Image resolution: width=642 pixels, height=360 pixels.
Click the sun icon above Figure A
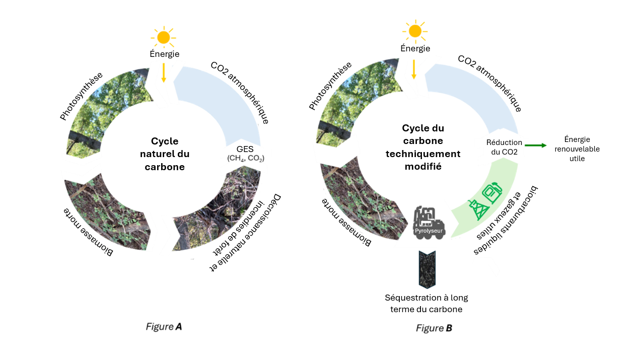tap(163, 37)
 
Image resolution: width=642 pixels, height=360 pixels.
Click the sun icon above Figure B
tap(414, 31)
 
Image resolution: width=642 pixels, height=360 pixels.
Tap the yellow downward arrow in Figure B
tap(414, 69)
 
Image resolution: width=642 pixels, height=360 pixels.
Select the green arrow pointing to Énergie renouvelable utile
tap(535, 146)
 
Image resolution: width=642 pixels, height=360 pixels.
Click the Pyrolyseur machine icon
tap(428, 222)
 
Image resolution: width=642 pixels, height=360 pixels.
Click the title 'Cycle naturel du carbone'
tap(165, 154)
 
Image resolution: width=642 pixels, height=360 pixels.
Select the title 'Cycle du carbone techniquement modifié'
tap(423, 147)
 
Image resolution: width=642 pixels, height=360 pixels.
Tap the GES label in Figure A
tap(245, 150)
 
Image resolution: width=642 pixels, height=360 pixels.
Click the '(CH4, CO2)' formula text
tap(246, 159)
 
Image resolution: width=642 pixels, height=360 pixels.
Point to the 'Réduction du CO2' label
tap(504, 147)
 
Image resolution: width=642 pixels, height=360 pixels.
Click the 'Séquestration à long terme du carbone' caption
tap(426, 303)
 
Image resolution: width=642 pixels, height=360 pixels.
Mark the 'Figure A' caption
tap(164, 327)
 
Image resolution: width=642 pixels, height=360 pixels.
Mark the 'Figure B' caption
tap(434, 328)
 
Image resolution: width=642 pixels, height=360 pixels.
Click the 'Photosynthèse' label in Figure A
tap(81, 96)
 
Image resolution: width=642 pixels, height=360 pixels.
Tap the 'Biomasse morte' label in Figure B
tap(346, 222)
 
